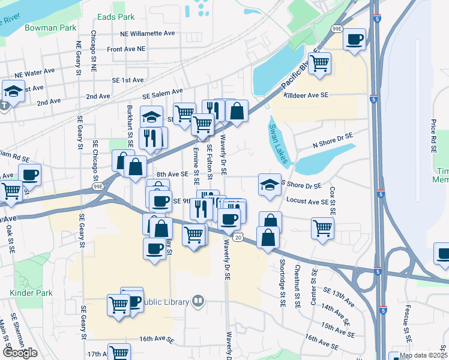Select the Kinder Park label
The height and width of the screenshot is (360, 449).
pyautogui.click(x=27, y=293)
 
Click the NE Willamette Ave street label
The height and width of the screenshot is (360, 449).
pyautogui.click(x=147, y=34)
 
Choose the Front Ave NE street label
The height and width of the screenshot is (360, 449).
pyautogui.click(x=126, y=49)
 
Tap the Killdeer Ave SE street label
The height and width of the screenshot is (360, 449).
pyautogui.click(x=306, y=95)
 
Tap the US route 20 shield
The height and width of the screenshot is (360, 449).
pyautogui.click(x=238, y=238)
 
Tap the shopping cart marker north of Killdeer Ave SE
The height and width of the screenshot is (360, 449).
pyautogui.click(x=319, y=62)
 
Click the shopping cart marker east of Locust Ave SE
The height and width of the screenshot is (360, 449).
pyautogui.click(x=322, y=227)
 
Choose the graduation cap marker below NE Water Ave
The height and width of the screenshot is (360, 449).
pyautogui.click(x=13, y=91)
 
